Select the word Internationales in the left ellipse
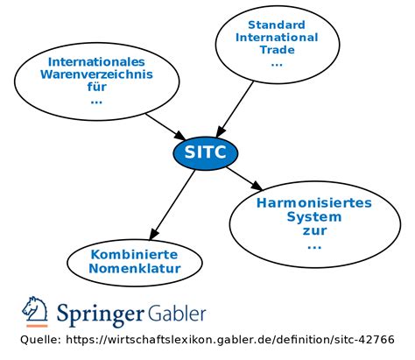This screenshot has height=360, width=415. [95, 61]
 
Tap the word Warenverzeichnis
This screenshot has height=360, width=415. [95, 74]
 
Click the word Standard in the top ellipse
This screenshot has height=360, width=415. [277, 25]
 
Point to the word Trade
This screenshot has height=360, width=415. [277, 51]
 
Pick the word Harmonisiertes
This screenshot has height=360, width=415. [313, 202]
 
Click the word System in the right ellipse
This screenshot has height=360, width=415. [313, 216]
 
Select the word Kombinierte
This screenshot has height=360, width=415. [134, 254]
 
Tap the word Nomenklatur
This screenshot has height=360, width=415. [134, 268]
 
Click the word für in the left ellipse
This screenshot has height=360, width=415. [95, 88]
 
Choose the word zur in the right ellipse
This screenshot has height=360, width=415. [313, 230]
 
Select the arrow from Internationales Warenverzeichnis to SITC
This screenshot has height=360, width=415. [162, 125]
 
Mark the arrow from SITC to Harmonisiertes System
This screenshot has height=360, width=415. [244, 178]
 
